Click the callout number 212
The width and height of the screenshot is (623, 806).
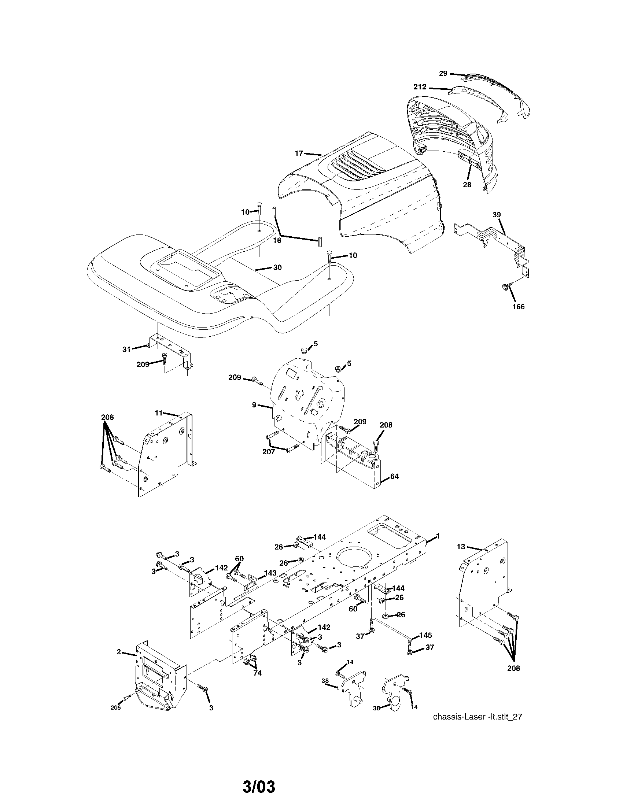(x=420, y=87)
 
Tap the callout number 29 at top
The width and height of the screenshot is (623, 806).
(x=443, y=73)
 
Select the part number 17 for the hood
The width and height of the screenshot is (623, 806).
(x=299, y=153)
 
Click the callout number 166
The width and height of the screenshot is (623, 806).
(x=519, y=307)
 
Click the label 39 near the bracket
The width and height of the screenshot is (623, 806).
(x=497, y=215)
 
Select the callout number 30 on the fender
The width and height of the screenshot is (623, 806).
(x=277, y=267)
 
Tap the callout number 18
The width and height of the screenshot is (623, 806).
(x=277, y=240)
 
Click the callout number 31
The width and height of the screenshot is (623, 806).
(x=126, y=349)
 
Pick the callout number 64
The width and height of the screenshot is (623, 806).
(x=394, y=476)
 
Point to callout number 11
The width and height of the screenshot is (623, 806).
(x=158, y=413)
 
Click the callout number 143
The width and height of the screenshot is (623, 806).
(x=270, y=583)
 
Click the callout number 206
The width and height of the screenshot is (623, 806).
(x=115, y=707)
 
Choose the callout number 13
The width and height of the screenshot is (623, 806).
(x=461, y=547)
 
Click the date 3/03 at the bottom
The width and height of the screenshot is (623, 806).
(x=259, y=784)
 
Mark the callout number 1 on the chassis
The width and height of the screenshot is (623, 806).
(x=438, y=536)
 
